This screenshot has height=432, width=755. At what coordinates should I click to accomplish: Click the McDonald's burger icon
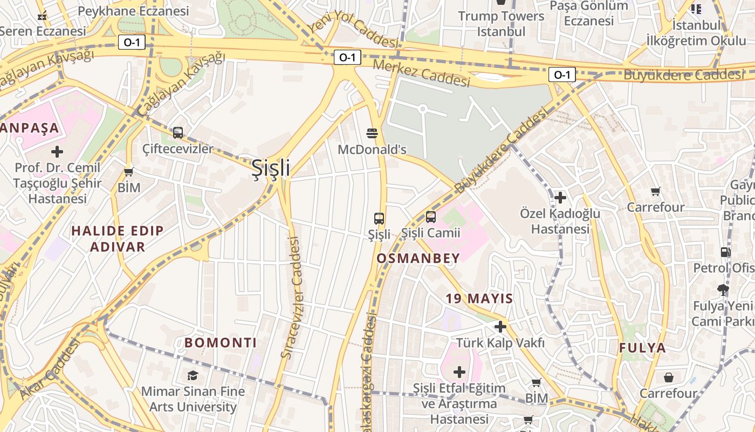pyautogui.click(x=372, y=133)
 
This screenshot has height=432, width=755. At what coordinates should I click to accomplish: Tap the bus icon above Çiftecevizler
pyautogui.click(x=177, y=132)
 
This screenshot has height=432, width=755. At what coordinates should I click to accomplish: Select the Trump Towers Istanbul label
pyautogui.click(x=501, y=24)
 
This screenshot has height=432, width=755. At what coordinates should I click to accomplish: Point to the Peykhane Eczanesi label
pyautogui.click(x=133, y=11)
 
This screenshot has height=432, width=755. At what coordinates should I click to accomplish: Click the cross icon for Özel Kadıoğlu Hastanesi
pyautogui.click(x=560, y=198)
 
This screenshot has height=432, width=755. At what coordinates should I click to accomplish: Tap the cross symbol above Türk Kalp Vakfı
pyautogui.click(x=500, y=327)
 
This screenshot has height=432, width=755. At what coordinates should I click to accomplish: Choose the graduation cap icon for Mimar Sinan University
pyautogui.click(x=193, y=375)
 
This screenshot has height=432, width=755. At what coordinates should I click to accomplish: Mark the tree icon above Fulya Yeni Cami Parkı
pyautogui.click(x=723, y=290)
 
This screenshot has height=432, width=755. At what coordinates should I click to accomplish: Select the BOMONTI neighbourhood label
pyautogui.click(x=221, y=343)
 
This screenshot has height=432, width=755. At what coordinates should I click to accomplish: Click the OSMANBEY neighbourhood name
pyautogui.click(x=418, y=258)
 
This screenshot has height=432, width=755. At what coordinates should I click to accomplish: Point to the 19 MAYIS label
pyautogui.click(x=479, y=298)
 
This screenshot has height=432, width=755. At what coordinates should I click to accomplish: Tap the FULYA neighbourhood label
pyautogui.click(x=642, y=348)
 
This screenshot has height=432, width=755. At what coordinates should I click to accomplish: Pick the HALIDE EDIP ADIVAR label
pyautogui.click(x=118, y=239)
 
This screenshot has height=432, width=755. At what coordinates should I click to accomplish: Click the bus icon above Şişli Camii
pyautogui.click(x=430, y=217)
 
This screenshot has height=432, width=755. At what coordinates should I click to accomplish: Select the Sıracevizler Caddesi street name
pyautogui.click(x=292, y=297)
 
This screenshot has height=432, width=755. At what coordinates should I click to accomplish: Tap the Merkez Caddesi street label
pyautogui.click(x=422, y=73)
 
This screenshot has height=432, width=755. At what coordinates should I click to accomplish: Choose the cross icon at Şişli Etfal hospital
pyautogui.click(x=459, y=372)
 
